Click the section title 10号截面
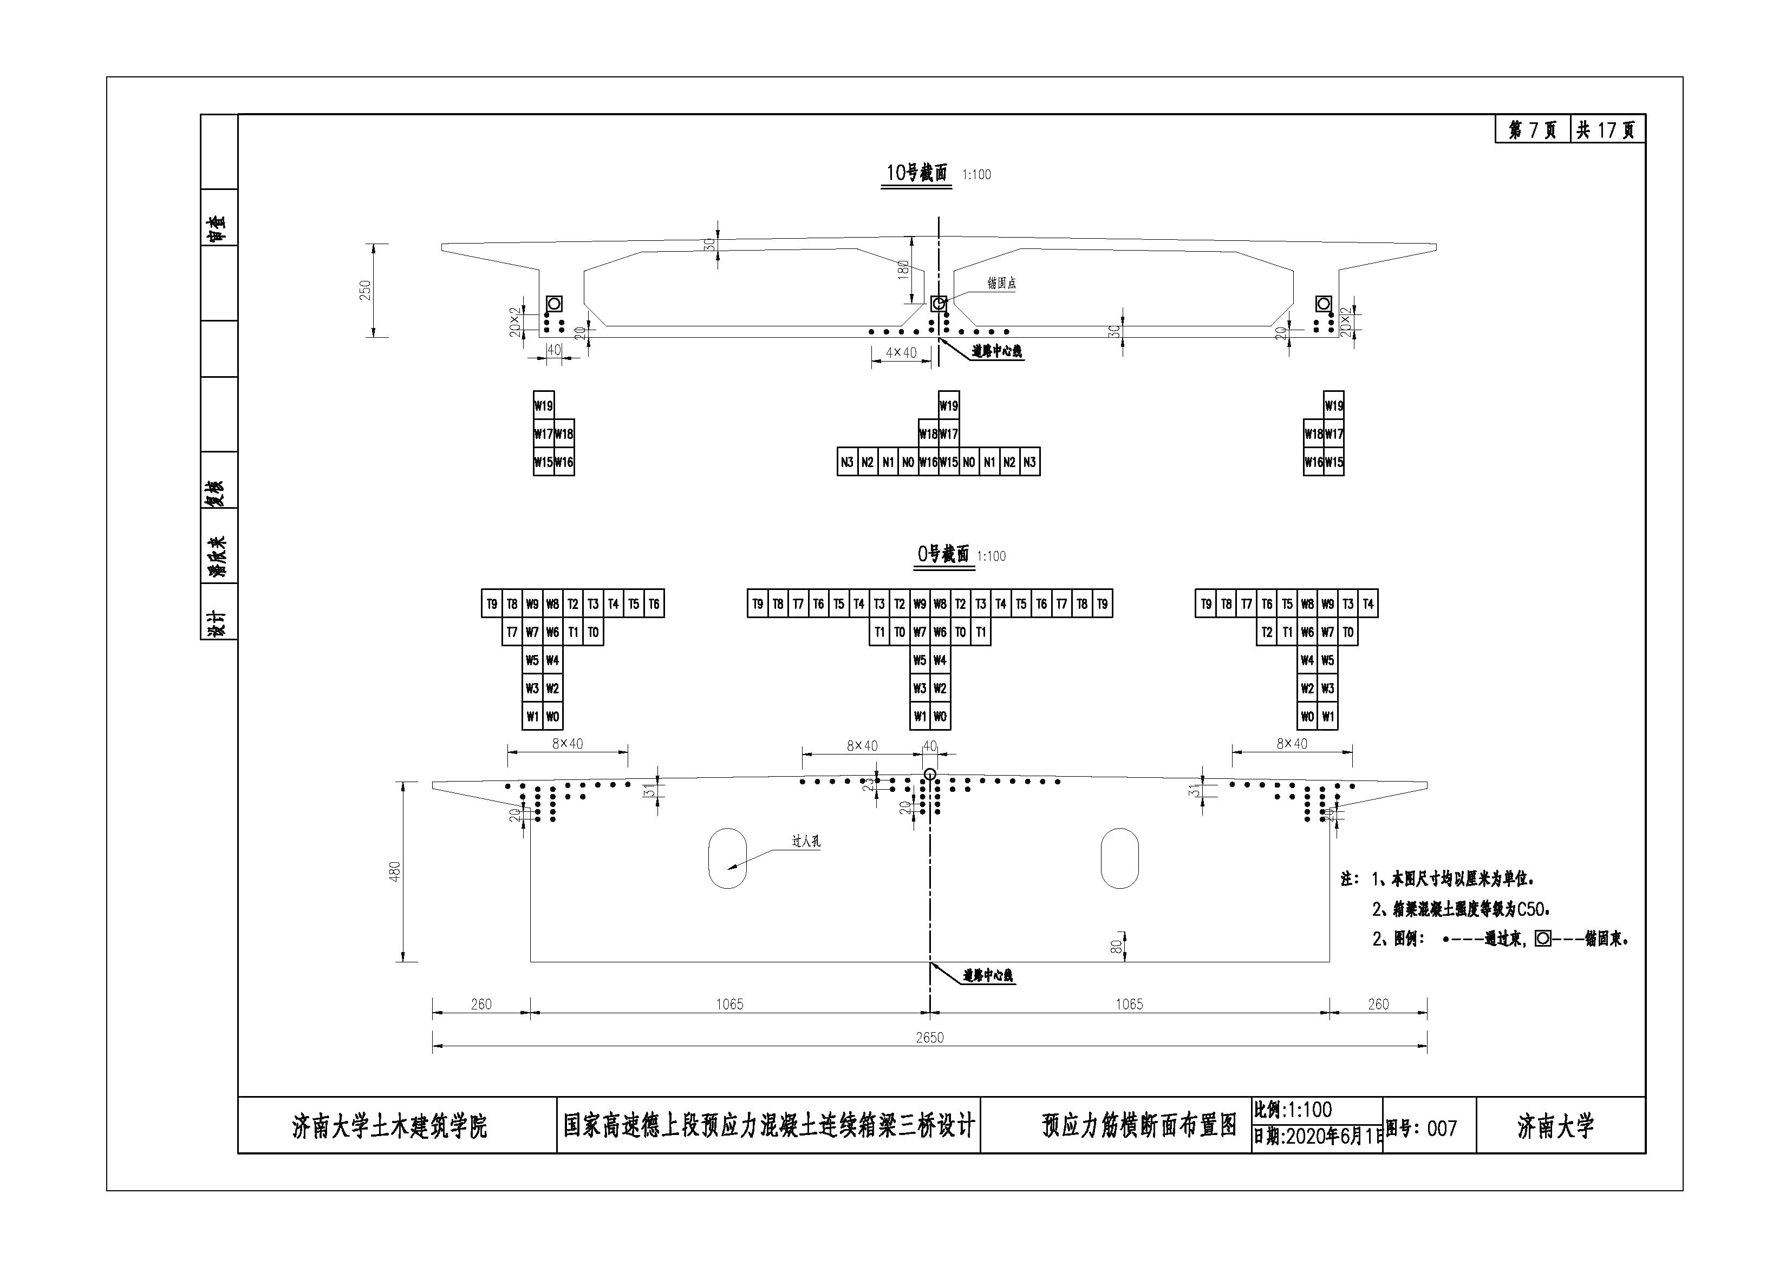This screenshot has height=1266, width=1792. (x=916, y=173)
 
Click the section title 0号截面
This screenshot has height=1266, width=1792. (x=943, y=555)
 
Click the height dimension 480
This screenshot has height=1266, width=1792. (x=394, y=871)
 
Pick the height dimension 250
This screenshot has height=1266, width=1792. (x=365, y=290)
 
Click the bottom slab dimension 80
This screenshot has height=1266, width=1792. (x=1116, y=946)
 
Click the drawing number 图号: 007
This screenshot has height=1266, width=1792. (x=1421, y=1128)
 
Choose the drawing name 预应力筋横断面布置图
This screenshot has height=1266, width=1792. (x=1139, y=1126)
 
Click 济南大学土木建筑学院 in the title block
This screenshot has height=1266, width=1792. (x=389, y=1126)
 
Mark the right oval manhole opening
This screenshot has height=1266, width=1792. (x=1119, y=858)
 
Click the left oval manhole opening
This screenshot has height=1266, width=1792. (x=727, y=858)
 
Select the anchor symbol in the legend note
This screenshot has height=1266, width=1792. (x=1542, y=939)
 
